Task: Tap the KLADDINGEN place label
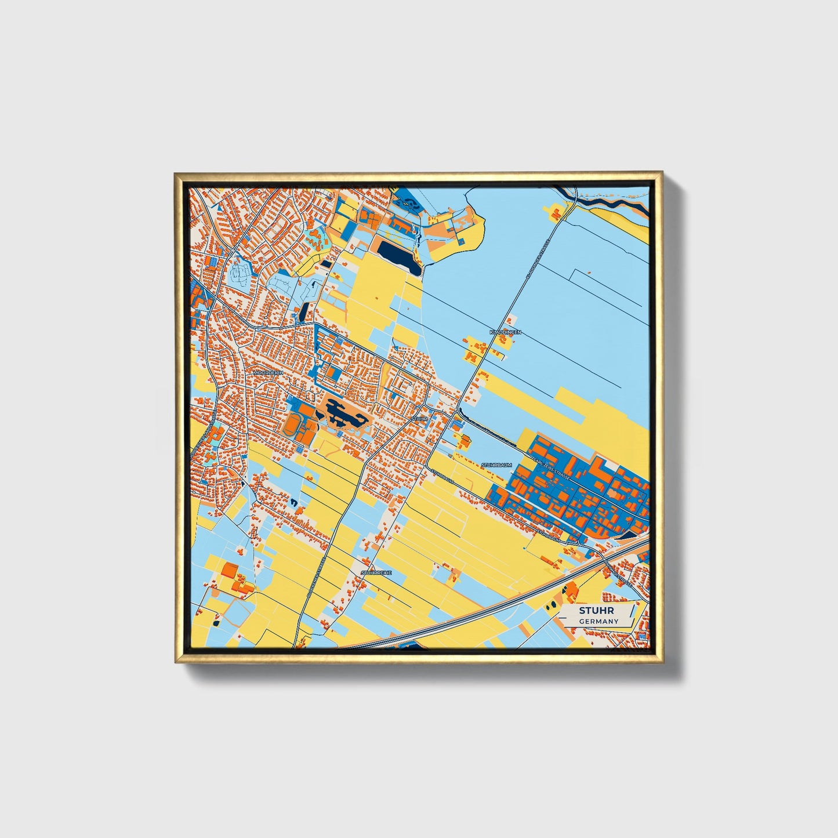505,332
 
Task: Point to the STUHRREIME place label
376,572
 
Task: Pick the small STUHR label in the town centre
419,418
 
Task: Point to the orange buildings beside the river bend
555,213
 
